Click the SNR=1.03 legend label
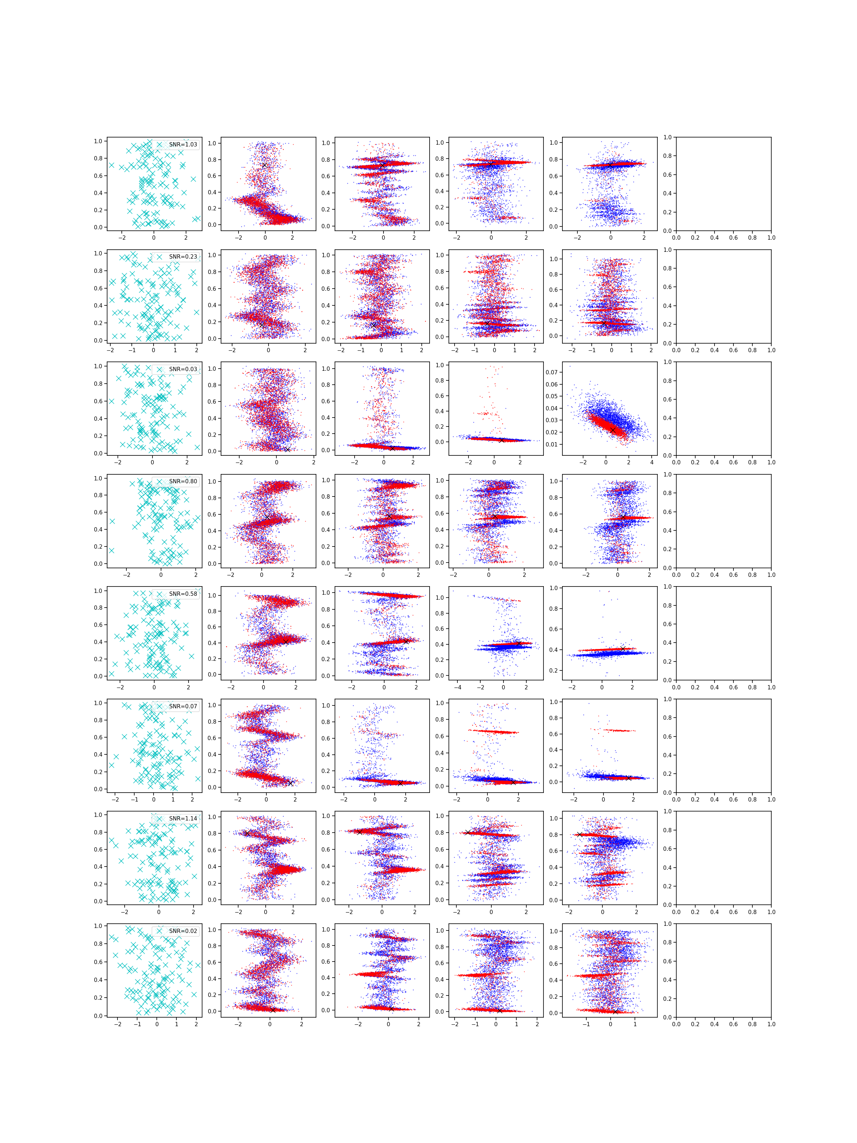tap(183, 145)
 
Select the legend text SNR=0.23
tap(183, 257)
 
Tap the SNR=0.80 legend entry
tap(183, 481)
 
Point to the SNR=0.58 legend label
tap(183, 594)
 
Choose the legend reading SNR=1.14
tap(183, 819)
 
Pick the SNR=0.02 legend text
tap(183, 931)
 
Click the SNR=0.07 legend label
tap(183, 707)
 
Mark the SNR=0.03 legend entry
tap(183, 369)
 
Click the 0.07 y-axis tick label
tap(552, 372)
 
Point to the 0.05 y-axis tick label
tap(552, 396)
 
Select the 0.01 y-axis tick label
tap(552, 444)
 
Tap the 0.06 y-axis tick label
tap(552, 384)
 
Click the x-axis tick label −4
tap(458, 688)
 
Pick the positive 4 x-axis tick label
tap(652, 463)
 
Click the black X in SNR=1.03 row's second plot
tap(265, 166)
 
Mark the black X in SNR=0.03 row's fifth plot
tap(613, 430)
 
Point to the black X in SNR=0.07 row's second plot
tap(290, 783)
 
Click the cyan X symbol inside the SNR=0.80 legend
tap(160, 481)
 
